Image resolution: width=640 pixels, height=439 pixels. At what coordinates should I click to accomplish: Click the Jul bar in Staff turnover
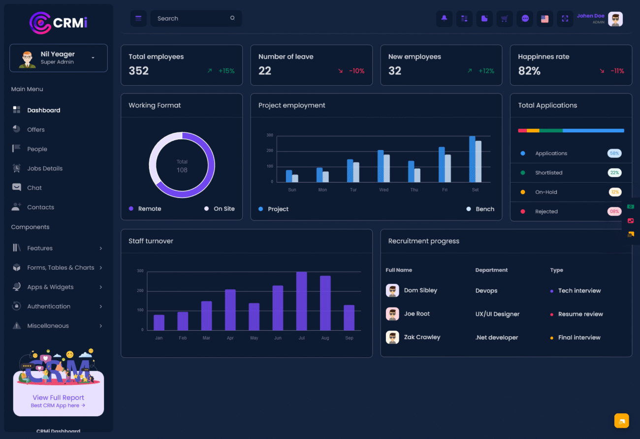301,301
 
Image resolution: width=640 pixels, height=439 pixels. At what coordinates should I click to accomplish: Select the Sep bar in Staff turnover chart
349,317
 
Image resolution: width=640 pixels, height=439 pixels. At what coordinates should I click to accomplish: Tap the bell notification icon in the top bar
444,19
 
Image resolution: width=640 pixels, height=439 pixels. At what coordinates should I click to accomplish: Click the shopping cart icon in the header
505,19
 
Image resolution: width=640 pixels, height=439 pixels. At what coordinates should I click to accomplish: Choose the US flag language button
544,19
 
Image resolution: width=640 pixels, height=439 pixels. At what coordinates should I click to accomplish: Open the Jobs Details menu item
45,168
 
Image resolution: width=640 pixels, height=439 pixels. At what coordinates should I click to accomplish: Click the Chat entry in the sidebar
34,188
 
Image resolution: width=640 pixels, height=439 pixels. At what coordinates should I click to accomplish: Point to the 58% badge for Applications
614,153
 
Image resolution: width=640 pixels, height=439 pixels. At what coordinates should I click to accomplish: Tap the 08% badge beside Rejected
614,212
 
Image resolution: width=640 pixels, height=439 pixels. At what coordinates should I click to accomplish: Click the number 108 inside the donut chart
182,170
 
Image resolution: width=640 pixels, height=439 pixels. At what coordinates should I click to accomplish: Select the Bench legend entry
484,209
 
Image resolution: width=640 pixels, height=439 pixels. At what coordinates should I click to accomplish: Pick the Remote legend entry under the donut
149,209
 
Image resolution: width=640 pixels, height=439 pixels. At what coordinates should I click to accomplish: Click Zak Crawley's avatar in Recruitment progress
392,337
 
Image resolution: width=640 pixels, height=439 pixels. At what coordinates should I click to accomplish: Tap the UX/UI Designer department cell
497,314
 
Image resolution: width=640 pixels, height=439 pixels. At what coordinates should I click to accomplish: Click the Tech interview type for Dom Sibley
579,291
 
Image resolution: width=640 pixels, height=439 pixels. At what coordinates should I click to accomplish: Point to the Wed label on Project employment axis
384,190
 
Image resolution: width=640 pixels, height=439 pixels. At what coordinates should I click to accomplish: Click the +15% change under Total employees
226,71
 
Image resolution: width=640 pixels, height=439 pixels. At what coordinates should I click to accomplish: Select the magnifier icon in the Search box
232,18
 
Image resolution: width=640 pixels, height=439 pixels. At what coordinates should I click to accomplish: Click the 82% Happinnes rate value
529,71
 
